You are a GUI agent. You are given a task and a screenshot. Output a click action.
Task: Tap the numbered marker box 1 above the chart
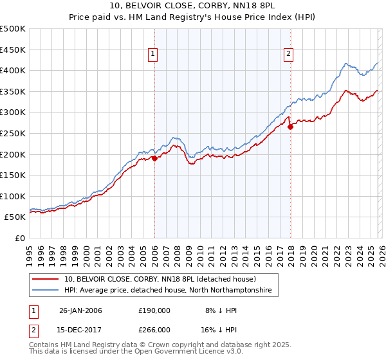154,55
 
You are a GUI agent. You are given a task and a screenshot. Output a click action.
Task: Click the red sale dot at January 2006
155,158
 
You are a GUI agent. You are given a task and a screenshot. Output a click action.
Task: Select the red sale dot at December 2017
290,127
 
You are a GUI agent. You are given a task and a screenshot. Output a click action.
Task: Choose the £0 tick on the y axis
19,238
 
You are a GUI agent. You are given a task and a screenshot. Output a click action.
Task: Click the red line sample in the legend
46,279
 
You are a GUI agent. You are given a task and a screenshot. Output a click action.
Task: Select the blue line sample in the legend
46,291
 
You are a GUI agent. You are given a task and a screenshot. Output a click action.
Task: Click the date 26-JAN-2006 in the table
80,310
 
